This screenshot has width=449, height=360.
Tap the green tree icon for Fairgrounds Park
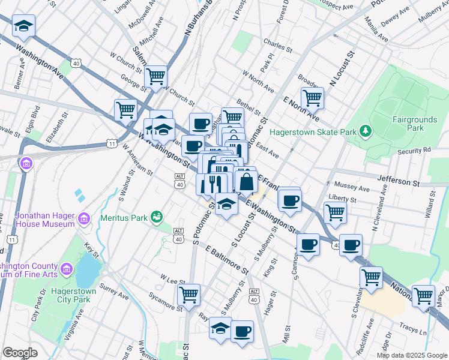[x=364, y=131]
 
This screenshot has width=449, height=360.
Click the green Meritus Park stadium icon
[x=157, y=216]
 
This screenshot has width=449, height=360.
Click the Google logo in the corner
[x=20, y=353]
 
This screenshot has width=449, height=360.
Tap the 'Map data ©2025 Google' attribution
[x=412, y=355]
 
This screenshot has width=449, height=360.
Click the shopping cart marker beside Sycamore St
[x=188, y=295]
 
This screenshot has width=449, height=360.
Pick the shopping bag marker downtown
[x=246, y=181]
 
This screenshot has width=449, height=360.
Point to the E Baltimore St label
[x=226, y=259]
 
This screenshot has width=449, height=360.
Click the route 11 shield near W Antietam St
[x=111, y=143]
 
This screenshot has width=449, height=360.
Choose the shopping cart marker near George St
[x=155, y=76]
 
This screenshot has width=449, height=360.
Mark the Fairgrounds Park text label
[x=415, y=124]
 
